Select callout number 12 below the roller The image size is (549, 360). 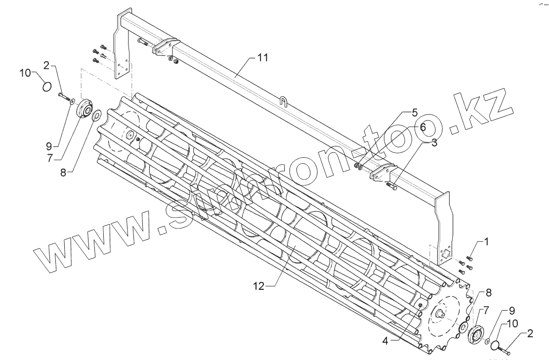pos(258,286)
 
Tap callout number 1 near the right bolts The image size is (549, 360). pos(486,242)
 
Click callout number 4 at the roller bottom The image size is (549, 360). pos(415,111)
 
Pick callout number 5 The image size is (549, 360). pos(422,127)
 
